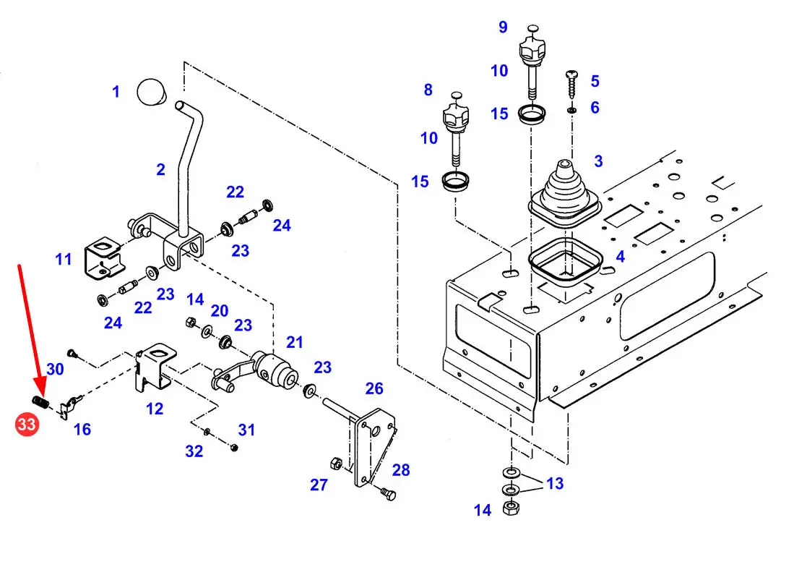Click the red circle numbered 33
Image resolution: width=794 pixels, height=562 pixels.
click(27, 424)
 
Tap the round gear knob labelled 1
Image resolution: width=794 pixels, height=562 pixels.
click(152, 92)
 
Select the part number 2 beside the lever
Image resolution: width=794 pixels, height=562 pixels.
click(161, 169)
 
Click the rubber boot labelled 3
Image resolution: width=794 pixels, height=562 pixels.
click(564, 196)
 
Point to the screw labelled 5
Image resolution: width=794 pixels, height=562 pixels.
click(572, 85)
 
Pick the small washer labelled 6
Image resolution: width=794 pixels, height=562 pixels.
click(571, 110)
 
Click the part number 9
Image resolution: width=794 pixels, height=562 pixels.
click(503, 27)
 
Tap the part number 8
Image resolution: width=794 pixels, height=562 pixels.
click(428, 90)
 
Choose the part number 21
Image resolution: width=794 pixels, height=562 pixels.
click(294, 342)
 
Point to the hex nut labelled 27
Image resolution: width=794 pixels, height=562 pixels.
click(335, 463)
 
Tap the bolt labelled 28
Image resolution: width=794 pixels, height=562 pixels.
click(388, 493)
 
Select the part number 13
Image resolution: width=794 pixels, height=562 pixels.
click(555, 483)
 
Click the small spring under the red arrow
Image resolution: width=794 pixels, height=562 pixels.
click(40, 402)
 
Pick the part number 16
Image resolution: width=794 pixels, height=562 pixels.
click(82, 430)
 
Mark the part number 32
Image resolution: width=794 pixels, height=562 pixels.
click(194, 451)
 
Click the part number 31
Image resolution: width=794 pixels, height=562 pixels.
click(246, 430)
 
